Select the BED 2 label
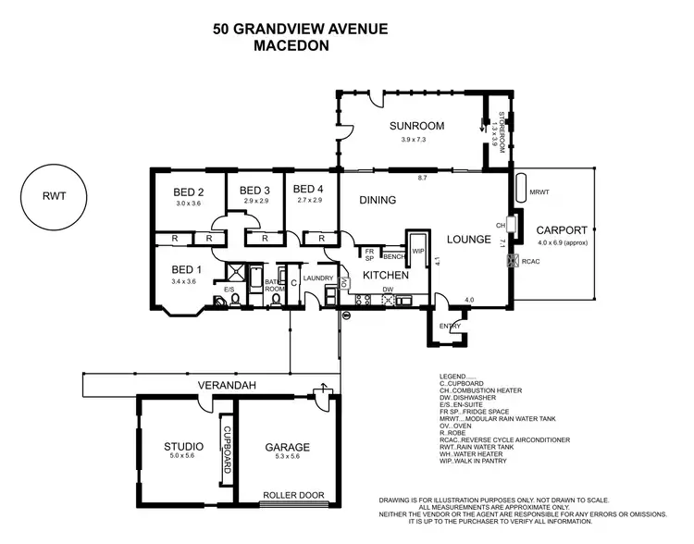[188, 192]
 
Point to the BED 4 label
[309, 192]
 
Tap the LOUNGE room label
[468, 240]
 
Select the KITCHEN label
[386, 276]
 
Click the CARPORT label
[561, 230]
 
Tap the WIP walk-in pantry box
[417, 249]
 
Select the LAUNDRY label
[317, 278]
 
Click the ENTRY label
[449, 326]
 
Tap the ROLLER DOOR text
[293, 495]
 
